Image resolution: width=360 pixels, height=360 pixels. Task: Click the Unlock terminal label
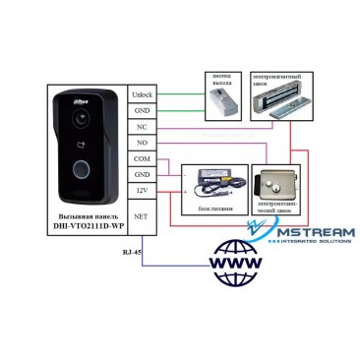tap(142, 94)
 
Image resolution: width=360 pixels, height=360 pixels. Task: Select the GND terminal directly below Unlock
tap(142, 111)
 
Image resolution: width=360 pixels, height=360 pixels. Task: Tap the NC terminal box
tap(142, 128)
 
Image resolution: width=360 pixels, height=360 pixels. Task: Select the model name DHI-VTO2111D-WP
tap(90, 226)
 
